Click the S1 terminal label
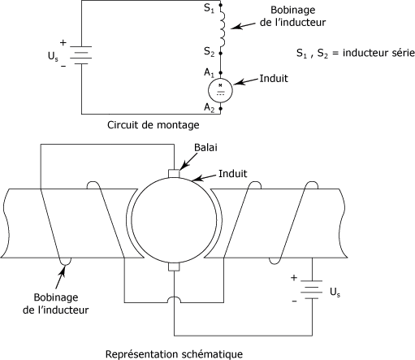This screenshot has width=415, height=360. [x=209, y=8]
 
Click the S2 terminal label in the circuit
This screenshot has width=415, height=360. [x=209, y=51]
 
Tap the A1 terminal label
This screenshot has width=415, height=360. [x=209, y=72]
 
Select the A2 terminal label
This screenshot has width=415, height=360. [x=209, y=107]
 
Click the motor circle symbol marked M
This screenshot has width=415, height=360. [x=220, y=90]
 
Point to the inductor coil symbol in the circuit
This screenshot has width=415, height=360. [x=223, y=26]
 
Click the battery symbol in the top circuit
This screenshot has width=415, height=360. [x=81, y=55]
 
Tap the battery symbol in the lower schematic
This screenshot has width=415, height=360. [x=312, y=289]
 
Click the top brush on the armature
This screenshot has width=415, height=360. [x=174, y=173]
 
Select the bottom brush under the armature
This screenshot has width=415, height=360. [x=174, y=267]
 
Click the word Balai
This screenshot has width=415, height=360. [x=205, y=148]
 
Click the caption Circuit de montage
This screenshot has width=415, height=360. [x=153, y=125]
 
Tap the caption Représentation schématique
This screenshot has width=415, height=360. [x=174, y=354]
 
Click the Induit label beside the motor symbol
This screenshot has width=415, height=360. [x=274, y=79]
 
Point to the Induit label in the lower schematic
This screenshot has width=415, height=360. [x=233, y=174]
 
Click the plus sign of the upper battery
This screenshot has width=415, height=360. [x=63, y=43]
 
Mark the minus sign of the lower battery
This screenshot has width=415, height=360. [x=294, y=301]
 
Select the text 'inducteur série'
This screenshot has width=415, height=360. [x=378, y=53]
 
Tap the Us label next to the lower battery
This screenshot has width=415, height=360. [x=335, y=292]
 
